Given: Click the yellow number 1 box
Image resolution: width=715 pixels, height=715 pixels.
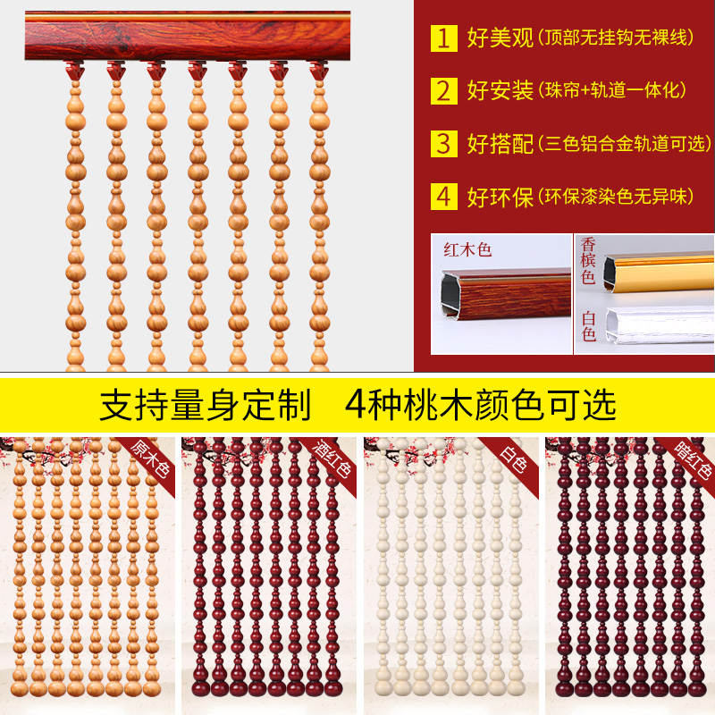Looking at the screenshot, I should coord(444,38).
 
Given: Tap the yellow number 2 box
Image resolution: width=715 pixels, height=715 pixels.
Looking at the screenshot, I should coord(444,90).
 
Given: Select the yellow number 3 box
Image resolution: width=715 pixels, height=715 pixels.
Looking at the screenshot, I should coord(444,143).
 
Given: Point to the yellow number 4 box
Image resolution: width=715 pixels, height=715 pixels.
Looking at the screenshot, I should coord(444,197).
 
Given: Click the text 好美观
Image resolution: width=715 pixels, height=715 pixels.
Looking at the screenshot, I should coord(500,38).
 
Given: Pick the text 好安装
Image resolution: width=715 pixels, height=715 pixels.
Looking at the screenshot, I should coord(500,90).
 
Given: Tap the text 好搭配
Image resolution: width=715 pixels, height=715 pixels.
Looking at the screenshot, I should coord(500,143).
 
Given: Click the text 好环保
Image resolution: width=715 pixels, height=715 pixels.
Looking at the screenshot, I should coord(500,197).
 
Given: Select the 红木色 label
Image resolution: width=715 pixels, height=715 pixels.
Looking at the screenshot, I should coord(468,250).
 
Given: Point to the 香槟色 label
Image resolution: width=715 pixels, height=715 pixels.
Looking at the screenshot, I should coord(588,260).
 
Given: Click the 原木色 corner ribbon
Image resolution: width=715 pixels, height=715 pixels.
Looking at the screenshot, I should coord(152,458).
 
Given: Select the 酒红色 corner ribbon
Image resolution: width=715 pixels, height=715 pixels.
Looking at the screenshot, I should coord(332,458).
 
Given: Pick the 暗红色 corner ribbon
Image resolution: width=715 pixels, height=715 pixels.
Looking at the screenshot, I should coord(694,458).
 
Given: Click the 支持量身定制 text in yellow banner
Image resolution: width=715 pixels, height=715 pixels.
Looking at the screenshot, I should coord(205,404).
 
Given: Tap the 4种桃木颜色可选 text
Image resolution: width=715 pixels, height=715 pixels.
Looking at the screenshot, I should coord(480,404).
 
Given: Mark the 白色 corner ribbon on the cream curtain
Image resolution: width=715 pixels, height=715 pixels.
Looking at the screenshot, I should coord(516,458).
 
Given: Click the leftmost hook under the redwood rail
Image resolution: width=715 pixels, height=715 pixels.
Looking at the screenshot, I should coord(73,68).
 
